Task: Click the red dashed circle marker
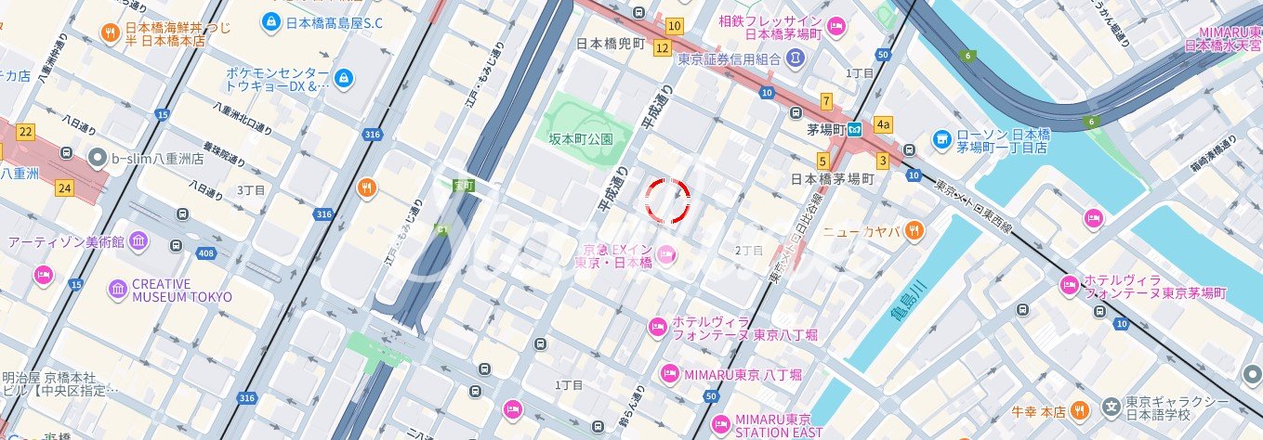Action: pos(668,201)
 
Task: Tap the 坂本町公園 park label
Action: pos(581,139)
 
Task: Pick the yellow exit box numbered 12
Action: pos(662,47)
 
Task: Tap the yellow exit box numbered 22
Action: pos(25,133)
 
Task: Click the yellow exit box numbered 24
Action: pos(63,188)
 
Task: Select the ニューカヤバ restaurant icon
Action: pos(914,229)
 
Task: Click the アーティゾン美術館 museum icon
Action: pos(138,241)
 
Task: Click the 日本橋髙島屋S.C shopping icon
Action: pos(270,20)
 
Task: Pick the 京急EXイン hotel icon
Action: pos(665,252)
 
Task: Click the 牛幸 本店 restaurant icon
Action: pos(1078,409)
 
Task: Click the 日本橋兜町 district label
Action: pos(611,44)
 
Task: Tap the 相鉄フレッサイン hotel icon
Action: pos(836,26)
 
